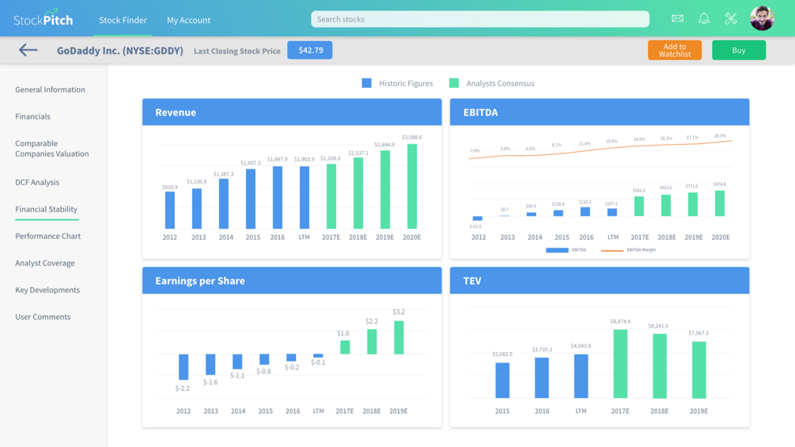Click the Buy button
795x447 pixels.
[x=738, y=51]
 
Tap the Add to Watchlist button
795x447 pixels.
[x=674, y=51]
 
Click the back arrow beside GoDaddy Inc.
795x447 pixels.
[x=28, y=51]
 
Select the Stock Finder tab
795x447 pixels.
[x=123, y=20]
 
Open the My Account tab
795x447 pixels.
[x=188, y=20]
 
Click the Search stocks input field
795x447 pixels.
[x=479, y=19]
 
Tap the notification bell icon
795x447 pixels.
[x=704, y=18]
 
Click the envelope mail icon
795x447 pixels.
[x=677, y=18]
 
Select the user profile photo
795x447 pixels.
[x=762, y=18]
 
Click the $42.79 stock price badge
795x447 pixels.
[x=309, y=51]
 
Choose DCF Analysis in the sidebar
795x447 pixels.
[x=37, y=183]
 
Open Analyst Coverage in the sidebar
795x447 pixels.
[x=45, y=263]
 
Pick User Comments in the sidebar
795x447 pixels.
[x=43, y=317]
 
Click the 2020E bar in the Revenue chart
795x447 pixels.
[x=411, y=186]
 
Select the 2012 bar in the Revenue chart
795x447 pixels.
[x=170, y=210]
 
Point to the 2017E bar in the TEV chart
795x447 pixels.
[x=619, y=364]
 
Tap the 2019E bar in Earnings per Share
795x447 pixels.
[x=399, y=337]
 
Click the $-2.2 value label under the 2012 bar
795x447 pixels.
[x=183, y=388]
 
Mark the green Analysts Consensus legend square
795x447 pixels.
[x=454, y=83]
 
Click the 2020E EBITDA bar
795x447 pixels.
[x=720, y=203]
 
